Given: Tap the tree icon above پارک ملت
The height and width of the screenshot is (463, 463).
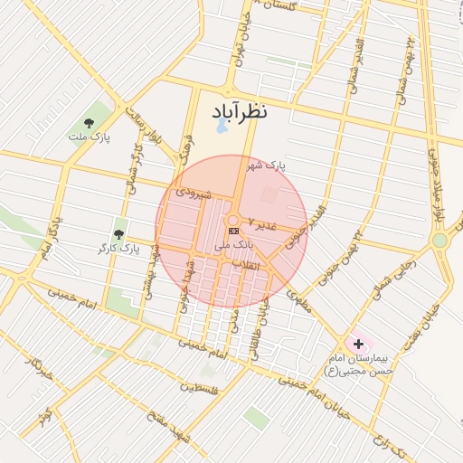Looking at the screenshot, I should [x=88, y=122].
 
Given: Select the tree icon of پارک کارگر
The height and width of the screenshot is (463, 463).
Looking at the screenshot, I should [x=118, y=234].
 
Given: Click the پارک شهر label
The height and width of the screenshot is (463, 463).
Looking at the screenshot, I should [x=267, y=166].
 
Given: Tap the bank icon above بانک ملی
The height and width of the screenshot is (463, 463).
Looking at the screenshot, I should [x=234, y=232].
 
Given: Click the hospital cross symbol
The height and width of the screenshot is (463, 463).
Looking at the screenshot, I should [x=359, y=345].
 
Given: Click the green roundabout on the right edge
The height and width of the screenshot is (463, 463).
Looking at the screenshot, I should [x=439, y=241].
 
